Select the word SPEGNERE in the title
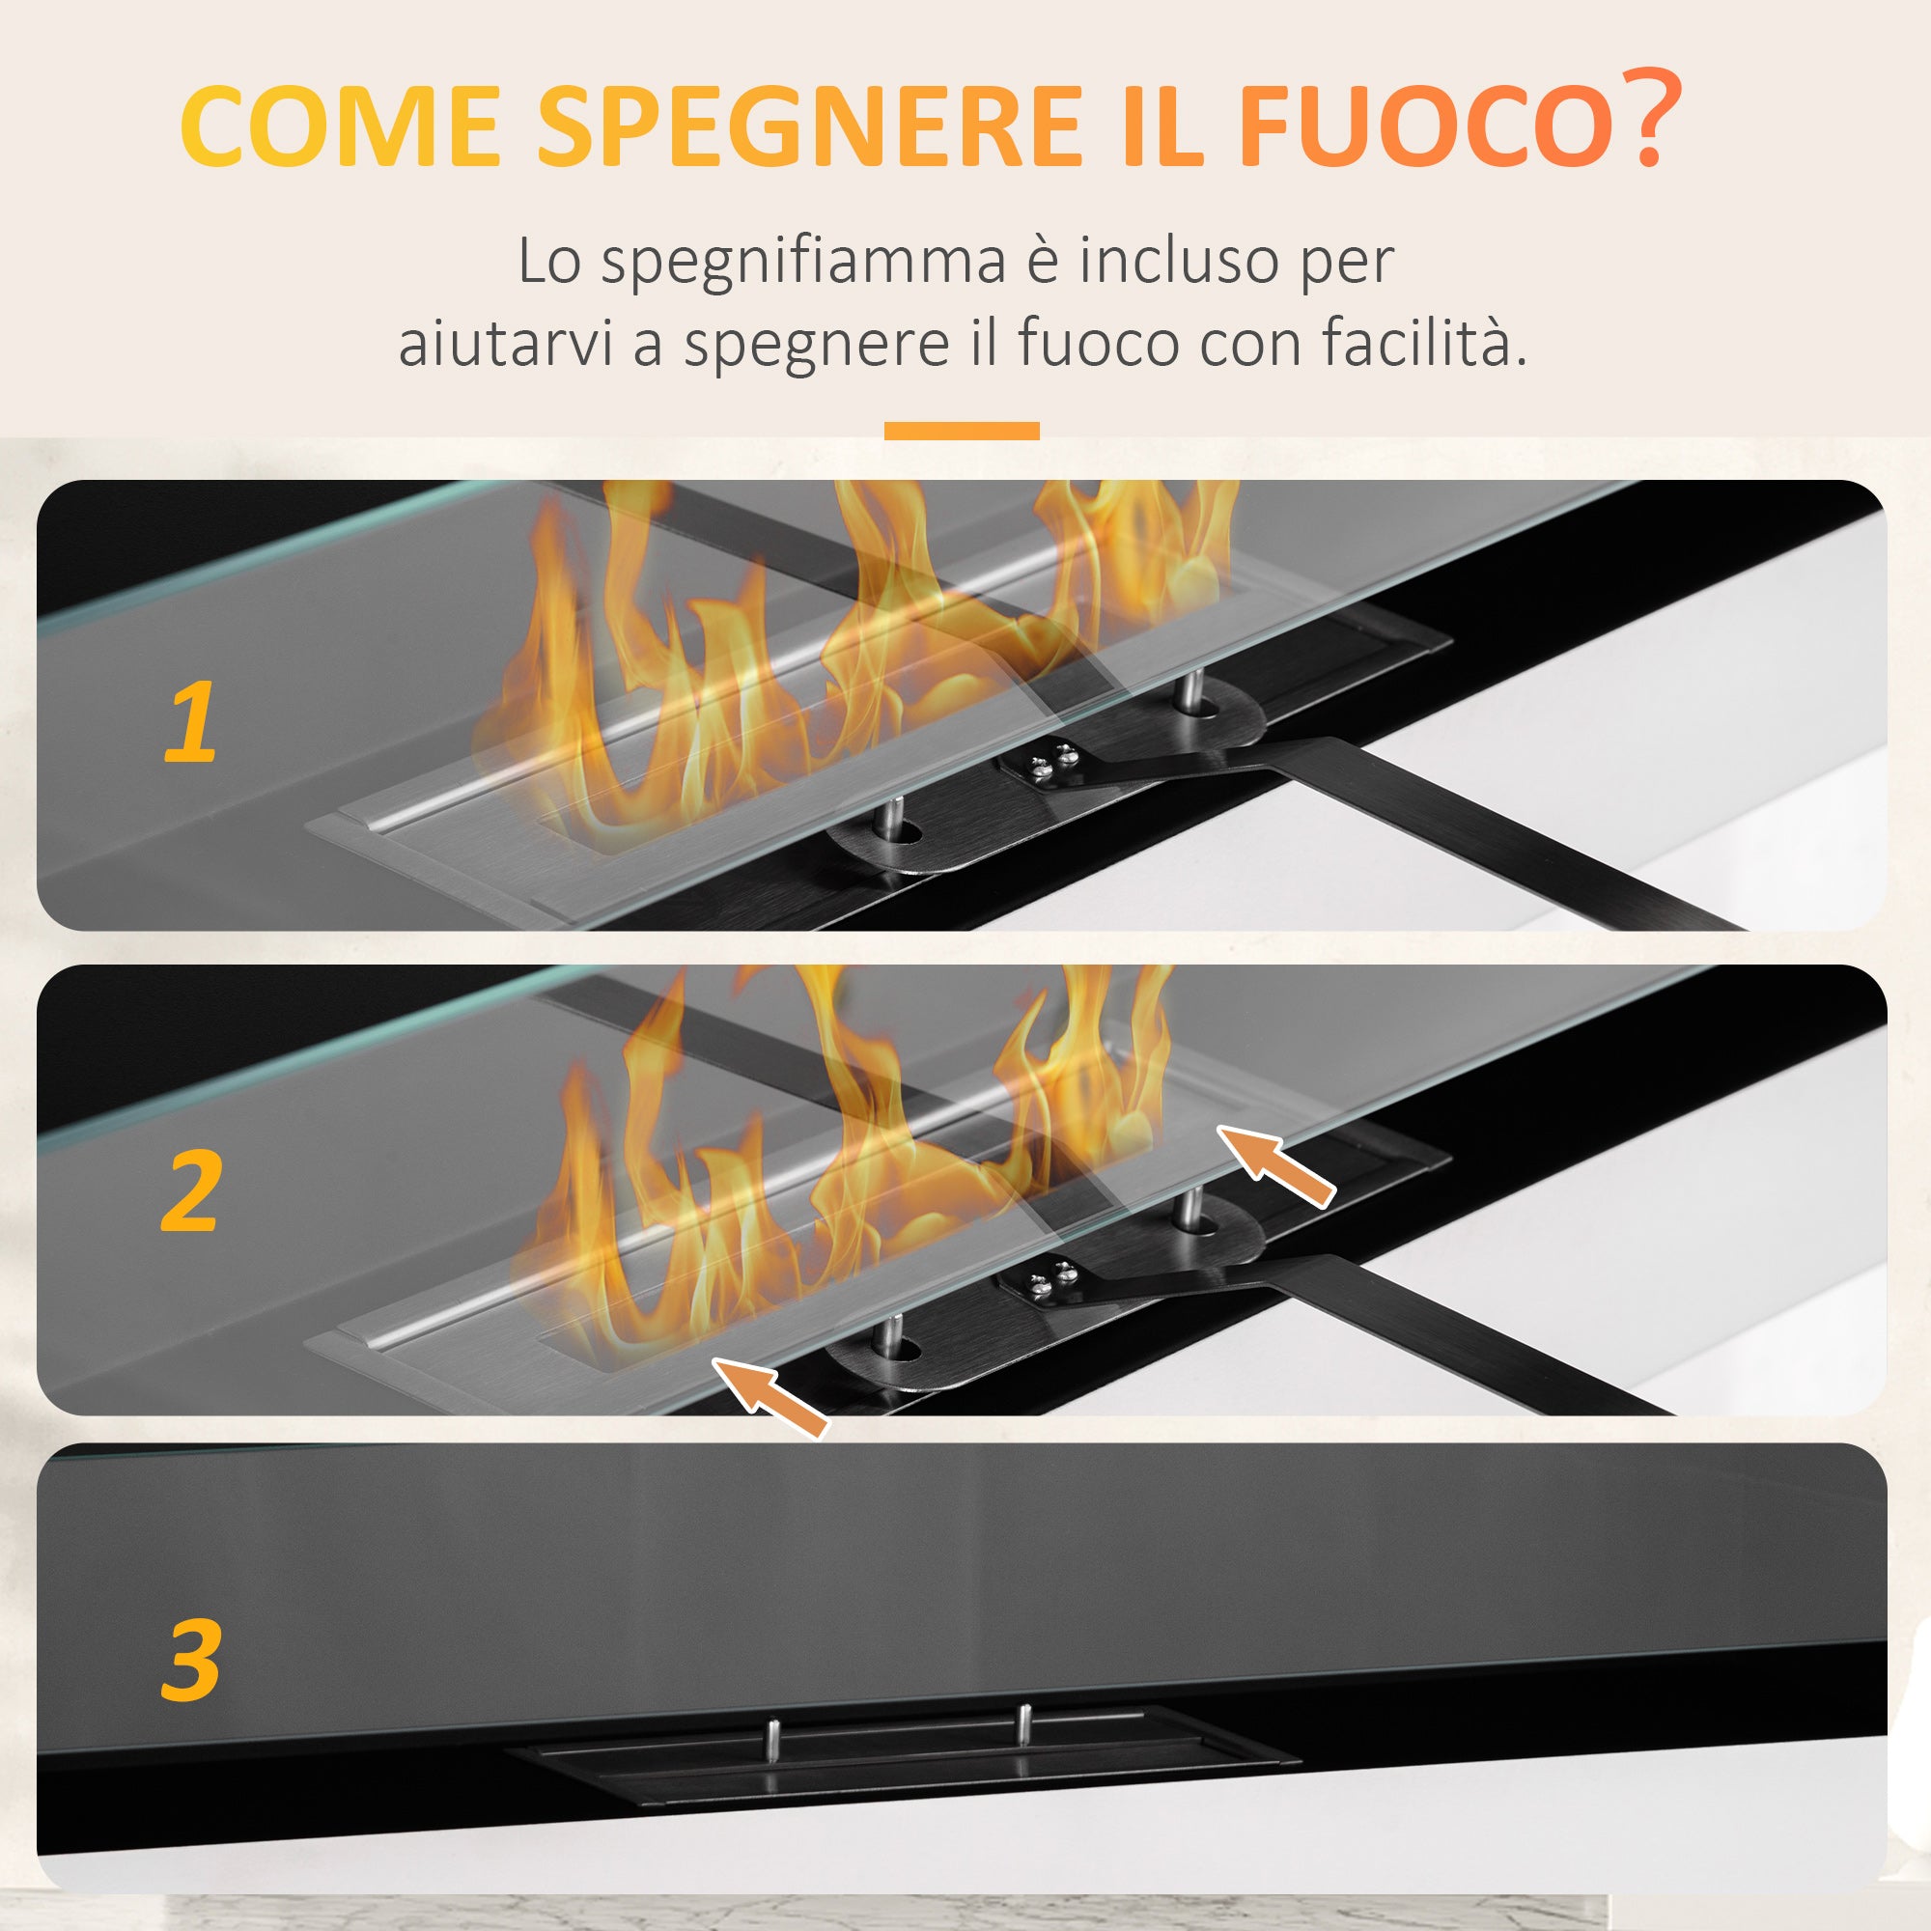tap(811, 126)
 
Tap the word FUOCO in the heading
tap(1425, 126)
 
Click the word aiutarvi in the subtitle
tap(505, 343)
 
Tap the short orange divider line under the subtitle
tap(962, 431)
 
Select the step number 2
tap(190, 1190)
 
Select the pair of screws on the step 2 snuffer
tap(1052, 1276)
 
